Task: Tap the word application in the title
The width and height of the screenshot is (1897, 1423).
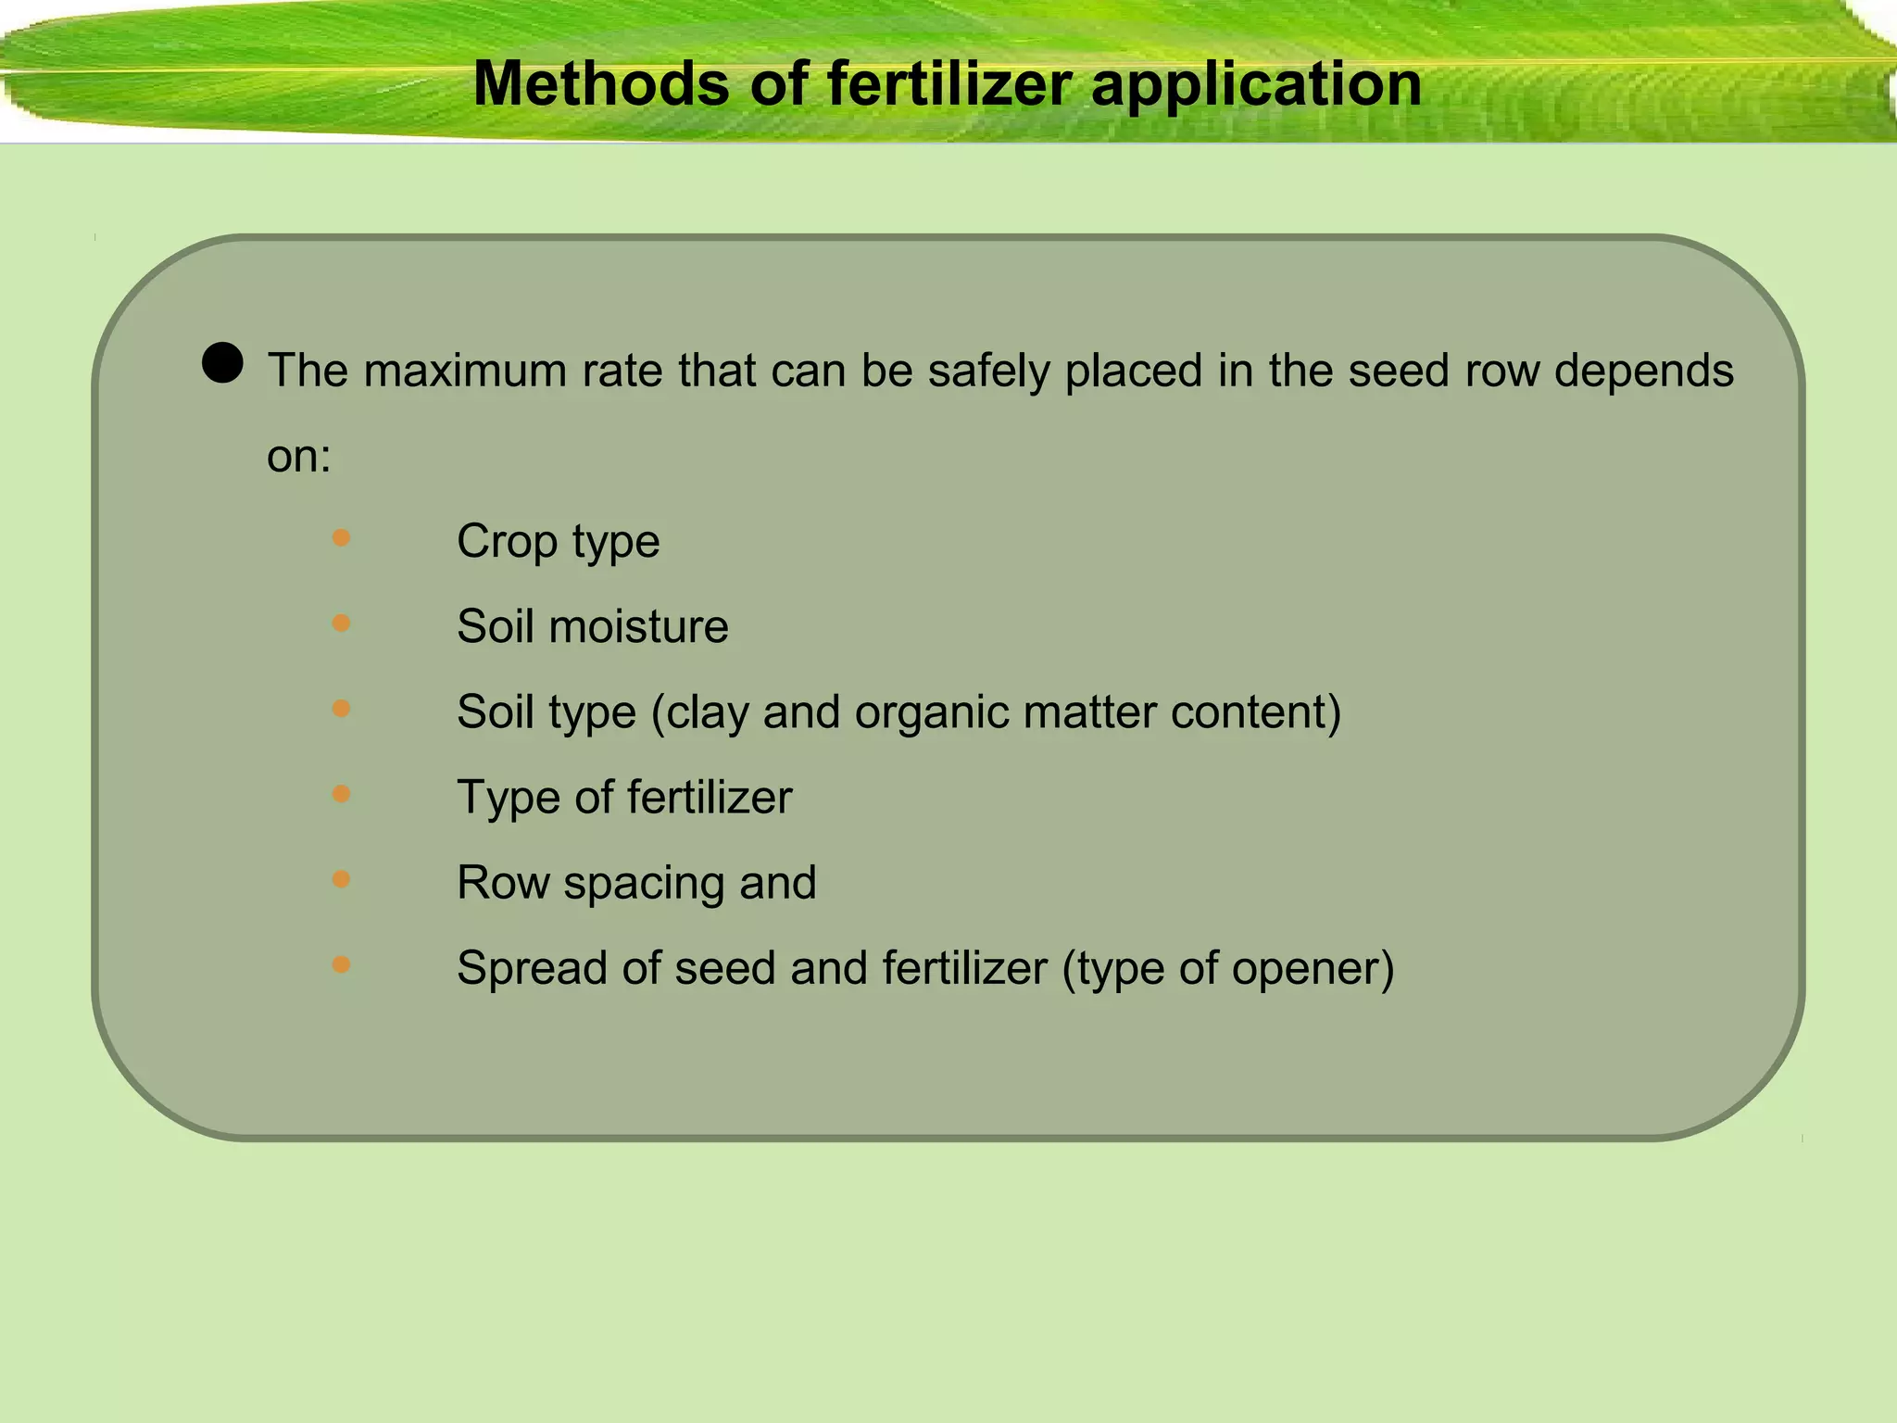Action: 1256,85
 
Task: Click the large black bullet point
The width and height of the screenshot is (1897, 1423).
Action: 222,362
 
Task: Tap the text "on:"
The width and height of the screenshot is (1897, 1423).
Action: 298,456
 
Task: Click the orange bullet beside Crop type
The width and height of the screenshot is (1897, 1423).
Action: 341,537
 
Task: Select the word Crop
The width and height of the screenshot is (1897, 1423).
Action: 506,542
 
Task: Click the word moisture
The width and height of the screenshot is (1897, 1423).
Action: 638,626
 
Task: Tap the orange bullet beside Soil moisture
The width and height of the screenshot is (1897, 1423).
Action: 341,623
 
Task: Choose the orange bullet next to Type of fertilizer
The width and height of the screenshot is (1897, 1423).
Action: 341,794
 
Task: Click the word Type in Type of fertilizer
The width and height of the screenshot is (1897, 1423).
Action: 508,798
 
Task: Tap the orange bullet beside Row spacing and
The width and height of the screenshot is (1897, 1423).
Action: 341,879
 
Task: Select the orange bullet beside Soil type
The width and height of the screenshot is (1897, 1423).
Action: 341,709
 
